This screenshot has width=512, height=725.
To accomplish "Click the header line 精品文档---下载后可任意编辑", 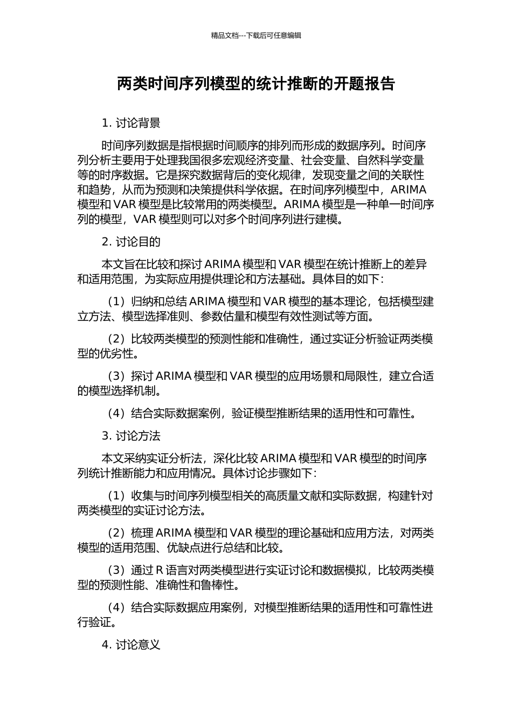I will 256,36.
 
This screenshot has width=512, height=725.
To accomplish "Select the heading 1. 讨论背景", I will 131,123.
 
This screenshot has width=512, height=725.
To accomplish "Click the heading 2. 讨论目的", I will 131,242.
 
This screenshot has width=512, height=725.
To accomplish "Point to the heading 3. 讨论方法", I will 131,436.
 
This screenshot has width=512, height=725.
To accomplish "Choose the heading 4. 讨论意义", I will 131,645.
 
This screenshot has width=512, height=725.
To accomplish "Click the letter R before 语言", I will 160,570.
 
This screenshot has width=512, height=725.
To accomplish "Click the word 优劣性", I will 117,354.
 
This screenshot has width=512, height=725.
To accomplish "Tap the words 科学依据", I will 253,190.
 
